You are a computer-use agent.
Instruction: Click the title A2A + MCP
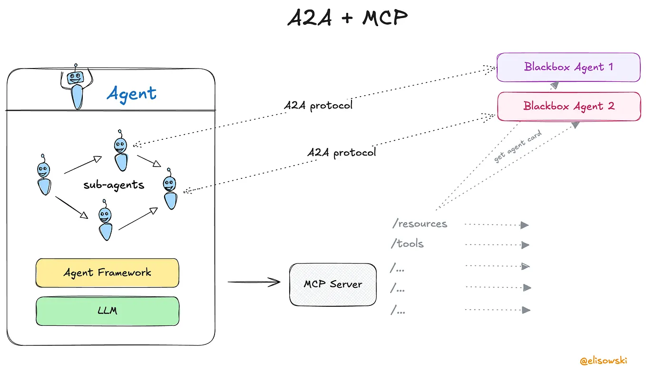coord(348,18)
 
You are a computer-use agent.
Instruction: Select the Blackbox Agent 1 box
coord(568,67)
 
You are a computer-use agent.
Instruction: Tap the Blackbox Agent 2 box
coord(569,106)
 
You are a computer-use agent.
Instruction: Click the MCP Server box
coord(333,284)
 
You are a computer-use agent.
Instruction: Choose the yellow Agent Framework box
coord(108,273)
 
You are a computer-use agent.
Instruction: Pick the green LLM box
coord(108,311)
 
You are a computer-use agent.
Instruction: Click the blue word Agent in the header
coord(131,93)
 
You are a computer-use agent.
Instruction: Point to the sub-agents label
coord(114,185)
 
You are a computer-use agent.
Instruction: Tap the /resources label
coord(419,224)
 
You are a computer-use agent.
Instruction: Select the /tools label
coord(407,244)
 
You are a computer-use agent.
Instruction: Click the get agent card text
coord(518,147)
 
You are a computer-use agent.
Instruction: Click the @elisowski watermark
coord(603,361)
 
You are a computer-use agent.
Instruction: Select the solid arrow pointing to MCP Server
coord(254,282)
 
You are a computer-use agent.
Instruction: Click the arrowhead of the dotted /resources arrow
coord(525,225)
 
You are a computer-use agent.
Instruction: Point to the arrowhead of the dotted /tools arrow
coord(525,245)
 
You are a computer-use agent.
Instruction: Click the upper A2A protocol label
coord(318,106)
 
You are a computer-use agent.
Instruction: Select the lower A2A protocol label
coord(341,153)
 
